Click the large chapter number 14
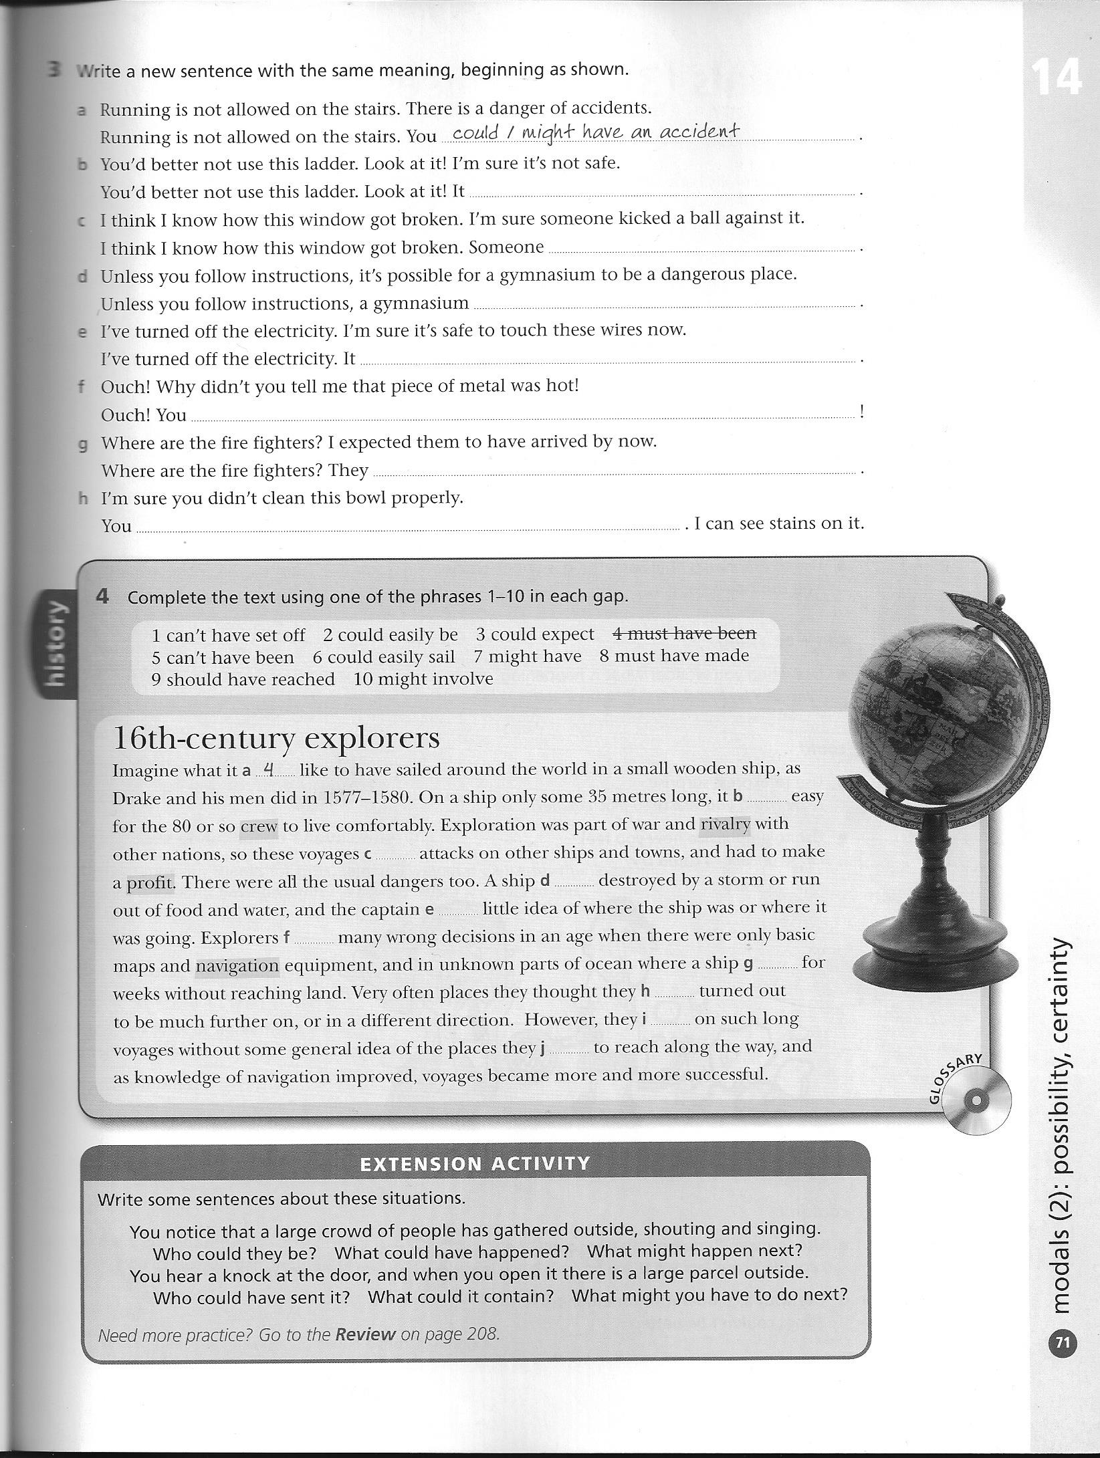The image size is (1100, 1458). tap(1055, 79)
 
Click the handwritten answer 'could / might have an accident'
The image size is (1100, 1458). tap(596, 132)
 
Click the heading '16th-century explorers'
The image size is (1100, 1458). tap(276, 739)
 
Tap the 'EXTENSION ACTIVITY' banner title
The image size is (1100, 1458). tap(475, 1164)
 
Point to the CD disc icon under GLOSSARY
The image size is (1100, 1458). tap(976, 1100)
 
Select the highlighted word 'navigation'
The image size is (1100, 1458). tap(237, 966)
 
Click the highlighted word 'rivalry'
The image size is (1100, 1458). tap(726, 824)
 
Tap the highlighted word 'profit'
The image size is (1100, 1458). tap(150, 883)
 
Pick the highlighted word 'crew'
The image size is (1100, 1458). tap(259, 826)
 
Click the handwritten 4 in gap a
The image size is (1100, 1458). tap(269, 769)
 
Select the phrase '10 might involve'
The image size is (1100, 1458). tap(423, 679)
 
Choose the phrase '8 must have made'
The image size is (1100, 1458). tap(674, 656)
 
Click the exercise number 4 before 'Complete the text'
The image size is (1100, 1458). tap(102, 596)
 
